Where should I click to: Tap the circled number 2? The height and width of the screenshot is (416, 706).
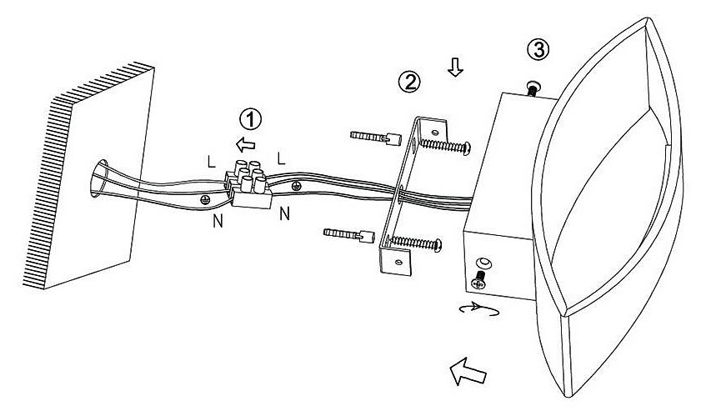click(408, 81)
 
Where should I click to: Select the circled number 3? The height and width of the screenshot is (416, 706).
click(539, 49)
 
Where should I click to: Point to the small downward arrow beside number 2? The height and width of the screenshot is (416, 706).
click(454, 69)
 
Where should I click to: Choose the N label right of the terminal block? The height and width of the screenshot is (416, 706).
click(284, 213)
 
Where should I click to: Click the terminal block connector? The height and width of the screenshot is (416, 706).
click(251, 187)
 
